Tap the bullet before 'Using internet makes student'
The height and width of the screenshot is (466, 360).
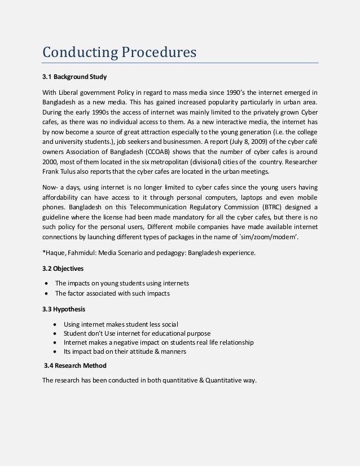[x=54, y=325]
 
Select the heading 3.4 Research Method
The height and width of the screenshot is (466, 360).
[x=74, y=365]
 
